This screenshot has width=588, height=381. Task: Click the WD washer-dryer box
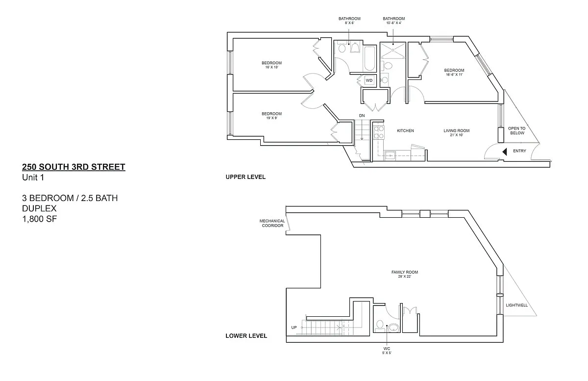coord(369,80)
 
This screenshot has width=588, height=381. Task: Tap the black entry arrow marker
coord(505,152)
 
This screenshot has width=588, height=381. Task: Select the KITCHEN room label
coord(405,130)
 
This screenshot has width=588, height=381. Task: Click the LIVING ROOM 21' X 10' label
coord(457,133)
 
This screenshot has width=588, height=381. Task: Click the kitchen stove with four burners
coord(379,132)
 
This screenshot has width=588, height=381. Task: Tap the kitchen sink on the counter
coord(391,155)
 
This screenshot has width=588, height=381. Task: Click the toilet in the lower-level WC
coord(379,326)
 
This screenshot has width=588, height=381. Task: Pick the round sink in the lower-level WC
coord(393,328)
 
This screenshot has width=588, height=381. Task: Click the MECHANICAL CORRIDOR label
coord(272,223)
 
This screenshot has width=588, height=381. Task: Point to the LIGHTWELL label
coord(516,305)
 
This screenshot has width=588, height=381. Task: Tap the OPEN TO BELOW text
coord(517,130)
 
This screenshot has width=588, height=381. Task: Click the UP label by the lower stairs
coord(294,328)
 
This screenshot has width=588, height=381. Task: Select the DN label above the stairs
coord(362,116)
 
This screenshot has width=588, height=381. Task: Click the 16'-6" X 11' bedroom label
coord(454,72)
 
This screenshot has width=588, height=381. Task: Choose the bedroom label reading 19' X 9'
coord(271,116)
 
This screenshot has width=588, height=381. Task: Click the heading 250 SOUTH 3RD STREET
coord(73,167)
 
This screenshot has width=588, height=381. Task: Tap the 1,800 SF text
coord(39,219)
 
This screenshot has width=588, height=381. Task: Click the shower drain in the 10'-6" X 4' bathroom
coord(393,50)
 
